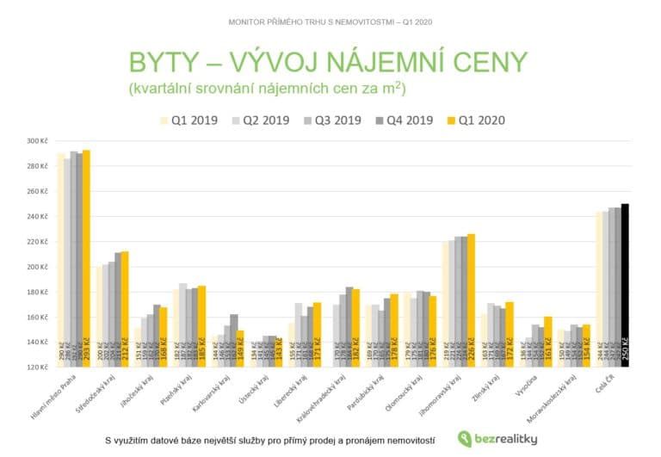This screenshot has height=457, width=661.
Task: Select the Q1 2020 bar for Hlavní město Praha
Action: [86, 258]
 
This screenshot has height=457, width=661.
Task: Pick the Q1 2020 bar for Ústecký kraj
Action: [279, 352]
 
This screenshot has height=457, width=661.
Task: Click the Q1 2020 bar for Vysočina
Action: [547, 341]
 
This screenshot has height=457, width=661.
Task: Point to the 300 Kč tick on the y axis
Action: [37, 141]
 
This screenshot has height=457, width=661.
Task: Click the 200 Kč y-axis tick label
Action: [37, 268]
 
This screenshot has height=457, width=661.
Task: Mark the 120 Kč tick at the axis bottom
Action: [37, 367]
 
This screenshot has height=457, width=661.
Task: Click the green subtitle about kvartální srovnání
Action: [268, 89]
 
